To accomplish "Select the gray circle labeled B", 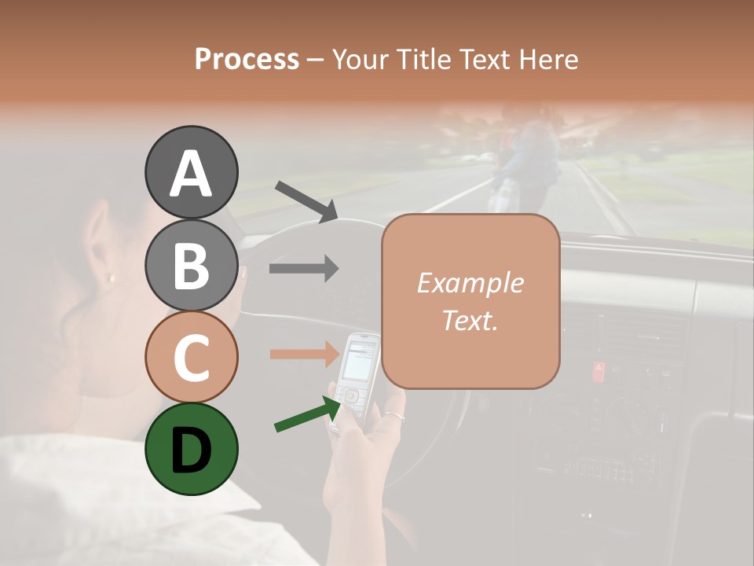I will point(191,265).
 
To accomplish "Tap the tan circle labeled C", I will point(191,357).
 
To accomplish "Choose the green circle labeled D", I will point(191,449).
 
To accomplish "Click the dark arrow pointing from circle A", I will point(306,201).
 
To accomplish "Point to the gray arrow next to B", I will point(304,268).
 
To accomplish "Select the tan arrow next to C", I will point(304,354).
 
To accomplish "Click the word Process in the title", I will point(247,59).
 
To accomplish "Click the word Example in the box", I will point(470,283).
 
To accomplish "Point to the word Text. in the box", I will point(470,320).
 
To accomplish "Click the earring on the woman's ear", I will point(111,277).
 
